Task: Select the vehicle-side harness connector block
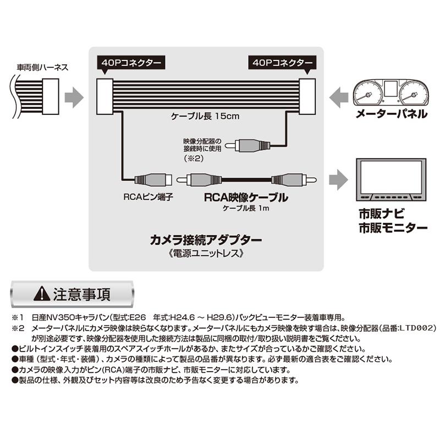click(50, 96)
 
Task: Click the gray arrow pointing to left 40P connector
click(74, 98)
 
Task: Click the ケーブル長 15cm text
click(204, 117)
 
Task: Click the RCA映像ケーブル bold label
click(246, 197)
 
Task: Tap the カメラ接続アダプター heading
click(206, 240)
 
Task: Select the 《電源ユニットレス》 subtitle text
click(206, 255)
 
